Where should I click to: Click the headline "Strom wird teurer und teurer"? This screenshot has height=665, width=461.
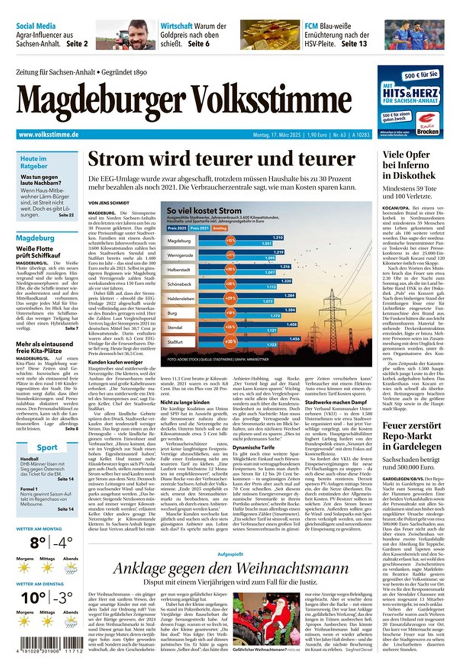(222, 159)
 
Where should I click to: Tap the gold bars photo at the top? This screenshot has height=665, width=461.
(270, 35)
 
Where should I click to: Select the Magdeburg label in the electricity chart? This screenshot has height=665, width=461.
(179, 241)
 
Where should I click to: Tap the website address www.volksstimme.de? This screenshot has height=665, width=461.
(48, 135)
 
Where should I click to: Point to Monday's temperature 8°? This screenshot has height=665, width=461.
(38, 543)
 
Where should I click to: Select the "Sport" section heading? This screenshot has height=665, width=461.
(47, 447)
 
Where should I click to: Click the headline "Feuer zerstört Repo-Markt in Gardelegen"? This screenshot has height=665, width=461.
(412, 436)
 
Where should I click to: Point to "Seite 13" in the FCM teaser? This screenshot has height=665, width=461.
(354, 44)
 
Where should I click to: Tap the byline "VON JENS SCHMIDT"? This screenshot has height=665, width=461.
(109, 203)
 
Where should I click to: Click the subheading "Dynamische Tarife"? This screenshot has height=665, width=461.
(254, 447)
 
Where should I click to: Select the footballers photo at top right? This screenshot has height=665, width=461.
(414, 35)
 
